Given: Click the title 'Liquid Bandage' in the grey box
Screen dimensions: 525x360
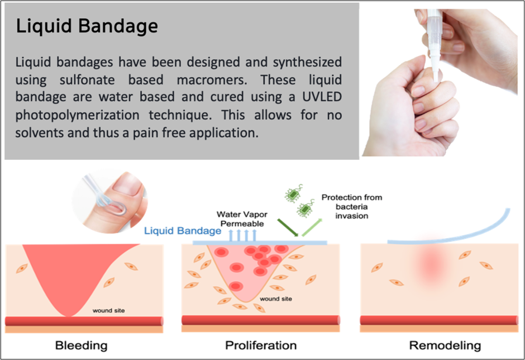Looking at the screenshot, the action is [x=87, y=26].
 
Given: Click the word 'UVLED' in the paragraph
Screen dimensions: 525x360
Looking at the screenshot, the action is [x=322, y=97].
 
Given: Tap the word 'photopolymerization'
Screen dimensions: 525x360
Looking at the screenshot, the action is [x=77, y=115].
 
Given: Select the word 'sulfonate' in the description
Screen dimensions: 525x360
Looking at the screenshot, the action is [x=87, y=80].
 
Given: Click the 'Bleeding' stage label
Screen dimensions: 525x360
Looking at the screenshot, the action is [x=82, y=345].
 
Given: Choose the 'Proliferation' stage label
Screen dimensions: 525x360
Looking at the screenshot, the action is [x=261, y=345].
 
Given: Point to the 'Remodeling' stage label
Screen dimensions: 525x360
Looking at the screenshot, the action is [x=445, y=345].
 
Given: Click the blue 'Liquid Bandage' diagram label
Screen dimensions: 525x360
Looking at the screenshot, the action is [x=183, y=231].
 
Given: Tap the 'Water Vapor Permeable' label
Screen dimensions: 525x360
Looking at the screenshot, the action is [x=242, y=219].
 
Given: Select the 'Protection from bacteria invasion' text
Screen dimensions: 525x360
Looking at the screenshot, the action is [x=351, y=206].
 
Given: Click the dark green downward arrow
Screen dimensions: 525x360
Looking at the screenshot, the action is [x=288, y=228].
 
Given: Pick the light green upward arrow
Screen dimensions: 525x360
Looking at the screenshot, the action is [x=312, y=228].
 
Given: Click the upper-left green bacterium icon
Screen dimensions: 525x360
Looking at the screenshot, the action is [x=294, y=193].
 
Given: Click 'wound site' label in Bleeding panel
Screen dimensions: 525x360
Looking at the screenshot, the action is [x=108, y=311].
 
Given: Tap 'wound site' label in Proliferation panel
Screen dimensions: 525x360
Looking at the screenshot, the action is [x=276, y=299].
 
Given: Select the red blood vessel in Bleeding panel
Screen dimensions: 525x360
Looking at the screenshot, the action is [x=84, y=321].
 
